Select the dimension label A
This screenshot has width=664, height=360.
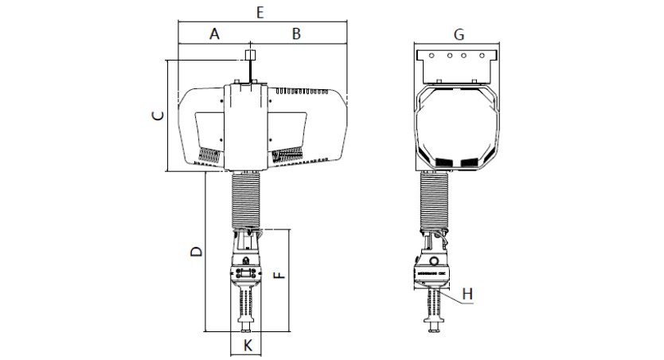pos(213,33)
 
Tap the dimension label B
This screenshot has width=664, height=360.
pos(296,33)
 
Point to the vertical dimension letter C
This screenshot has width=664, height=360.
pos(158,115)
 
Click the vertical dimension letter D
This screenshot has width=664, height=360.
pos(196,252)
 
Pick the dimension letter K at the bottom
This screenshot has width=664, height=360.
pos(248,345)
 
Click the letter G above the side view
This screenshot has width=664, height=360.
pos(458,34)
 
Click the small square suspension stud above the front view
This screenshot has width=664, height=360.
pos(249,56)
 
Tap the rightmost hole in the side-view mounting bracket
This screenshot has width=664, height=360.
pos(481,56)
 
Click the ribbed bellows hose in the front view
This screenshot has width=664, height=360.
pos(247,198)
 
